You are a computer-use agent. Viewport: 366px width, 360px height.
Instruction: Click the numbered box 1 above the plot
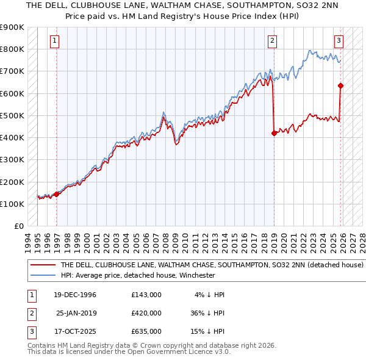[55, 41]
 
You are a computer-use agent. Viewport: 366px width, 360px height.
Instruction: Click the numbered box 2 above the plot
[272, 41]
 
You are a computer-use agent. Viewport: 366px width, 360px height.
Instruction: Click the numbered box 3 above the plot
[339, 41]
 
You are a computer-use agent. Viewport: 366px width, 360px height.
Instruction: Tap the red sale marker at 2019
[274, 133]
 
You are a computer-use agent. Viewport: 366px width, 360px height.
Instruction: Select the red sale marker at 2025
[340, 85]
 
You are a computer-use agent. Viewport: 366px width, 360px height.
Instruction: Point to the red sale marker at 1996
[57, 194]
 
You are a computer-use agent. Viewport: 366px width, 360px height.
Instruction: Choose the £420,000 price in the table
[146, 312]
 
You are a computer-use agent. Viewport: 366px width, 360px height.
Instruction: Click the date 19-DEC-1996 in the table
[75, 295]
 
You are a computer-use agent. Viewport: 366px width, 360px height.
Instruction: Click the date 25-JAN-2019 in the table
[75, 312]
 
